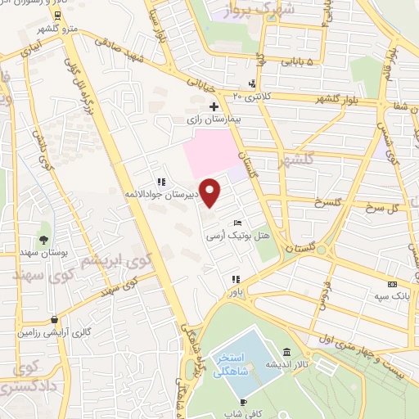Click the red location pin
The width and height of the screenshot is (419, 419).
[211, 191]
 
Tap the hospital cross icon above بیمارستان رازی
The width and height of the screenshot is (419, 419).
[214, 106]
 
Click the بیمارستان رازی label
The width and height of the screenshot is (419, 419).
[214, 119]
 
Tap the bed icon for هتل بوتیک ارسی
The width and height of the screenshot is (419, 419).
[237, 222]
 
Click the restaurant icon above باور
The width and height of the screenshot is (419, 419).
[236, 278]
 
